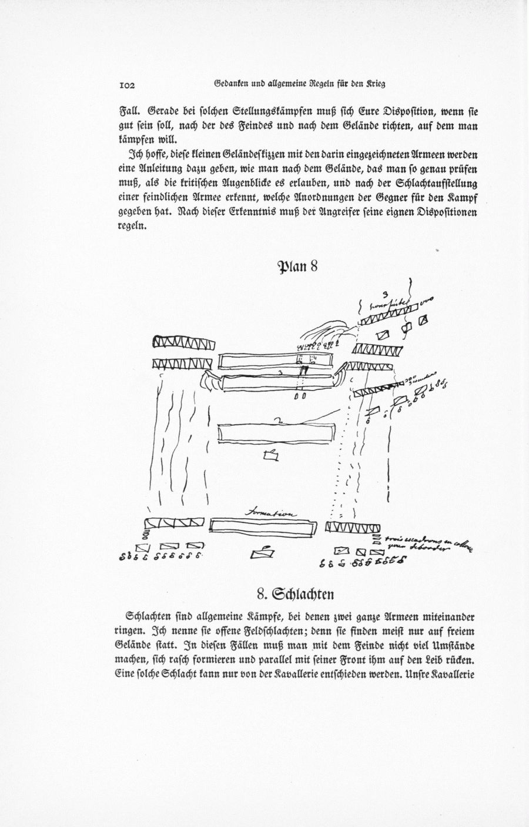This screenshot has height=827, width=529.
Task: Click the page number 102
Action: [x=127, y=85]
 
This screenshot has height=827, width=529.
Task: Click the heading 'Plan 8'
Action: [x=297, y=266]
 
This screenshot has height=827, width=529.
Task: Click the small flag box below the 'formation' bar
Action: [x=262, y=553]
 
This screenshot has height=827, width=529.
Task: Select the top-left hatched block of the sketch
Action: [x=183, y=342]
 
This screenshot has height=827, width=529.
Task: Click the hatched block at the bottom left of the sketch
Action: [x=175, y=523]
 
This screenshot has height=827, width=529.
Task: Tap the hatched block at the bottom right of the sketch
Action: [x=353, y=527]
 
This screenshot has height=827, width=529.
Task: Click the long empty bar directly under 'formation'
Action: [x=262, y=528]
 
